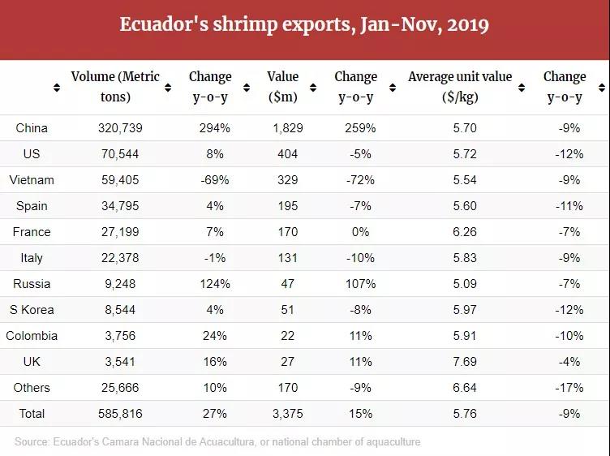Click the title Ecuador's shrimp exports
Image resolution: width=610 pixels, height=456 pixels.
[x=304, y=24]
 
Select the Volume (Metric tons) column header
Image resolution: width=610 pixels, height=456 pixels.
[x=114, y=87]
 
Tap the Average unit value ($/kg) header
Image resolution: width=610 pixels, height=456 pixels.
[x=460, y=87]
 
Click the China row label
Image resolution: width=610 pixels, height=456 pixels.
[x=32, y=128]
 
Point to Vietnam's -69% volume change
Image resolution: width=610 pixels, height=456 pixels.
[x=214, y=180]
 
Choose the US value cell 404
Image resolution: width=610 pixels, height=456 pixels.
[x=287, y=154]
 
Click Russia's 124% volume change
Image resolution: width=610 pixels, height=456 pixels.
[x=215, y=284]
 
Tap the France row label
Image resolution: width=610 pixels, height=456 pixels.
[x=32, y=232]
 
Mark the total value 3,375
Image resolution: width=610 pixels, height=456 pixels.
[x=287, y=414]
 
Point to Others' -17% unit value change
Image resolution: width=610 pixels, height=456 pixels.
[x=565, y=388]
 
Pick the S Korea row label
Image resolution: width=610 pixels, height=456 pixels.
[x=32, y=310]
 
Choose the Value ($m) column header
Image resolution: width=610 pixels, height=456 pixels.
[x=282, y=87]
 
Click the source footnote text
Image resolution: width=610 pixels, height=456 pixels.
[x=217, y=442]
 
